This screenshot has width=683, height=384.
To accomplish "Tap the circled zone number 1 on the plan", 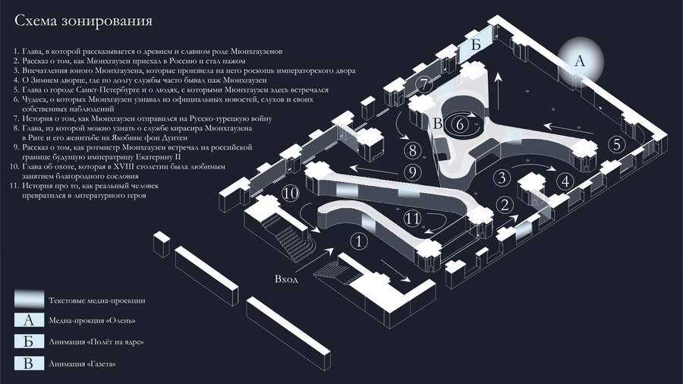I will click(358, 241).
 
